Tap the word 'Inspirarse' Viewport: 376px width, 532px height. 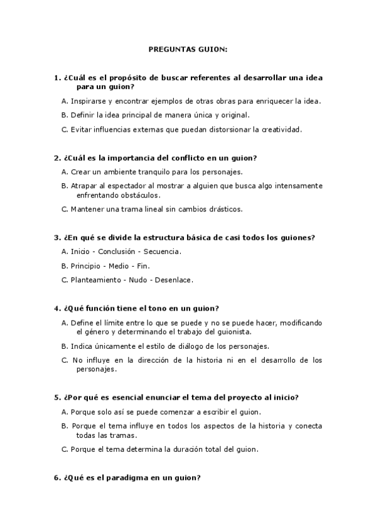point(88,100)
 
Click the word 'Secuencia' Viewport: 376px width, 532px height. point(163,251)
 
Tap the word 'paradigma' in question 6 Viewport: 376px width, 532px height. point(131,478)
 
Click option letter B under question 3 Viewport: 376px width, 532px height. point(65,265)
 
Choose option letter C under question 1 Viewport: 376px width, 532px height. point(65,129)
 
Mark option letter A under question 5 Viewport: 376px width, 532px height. point(65,412)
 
